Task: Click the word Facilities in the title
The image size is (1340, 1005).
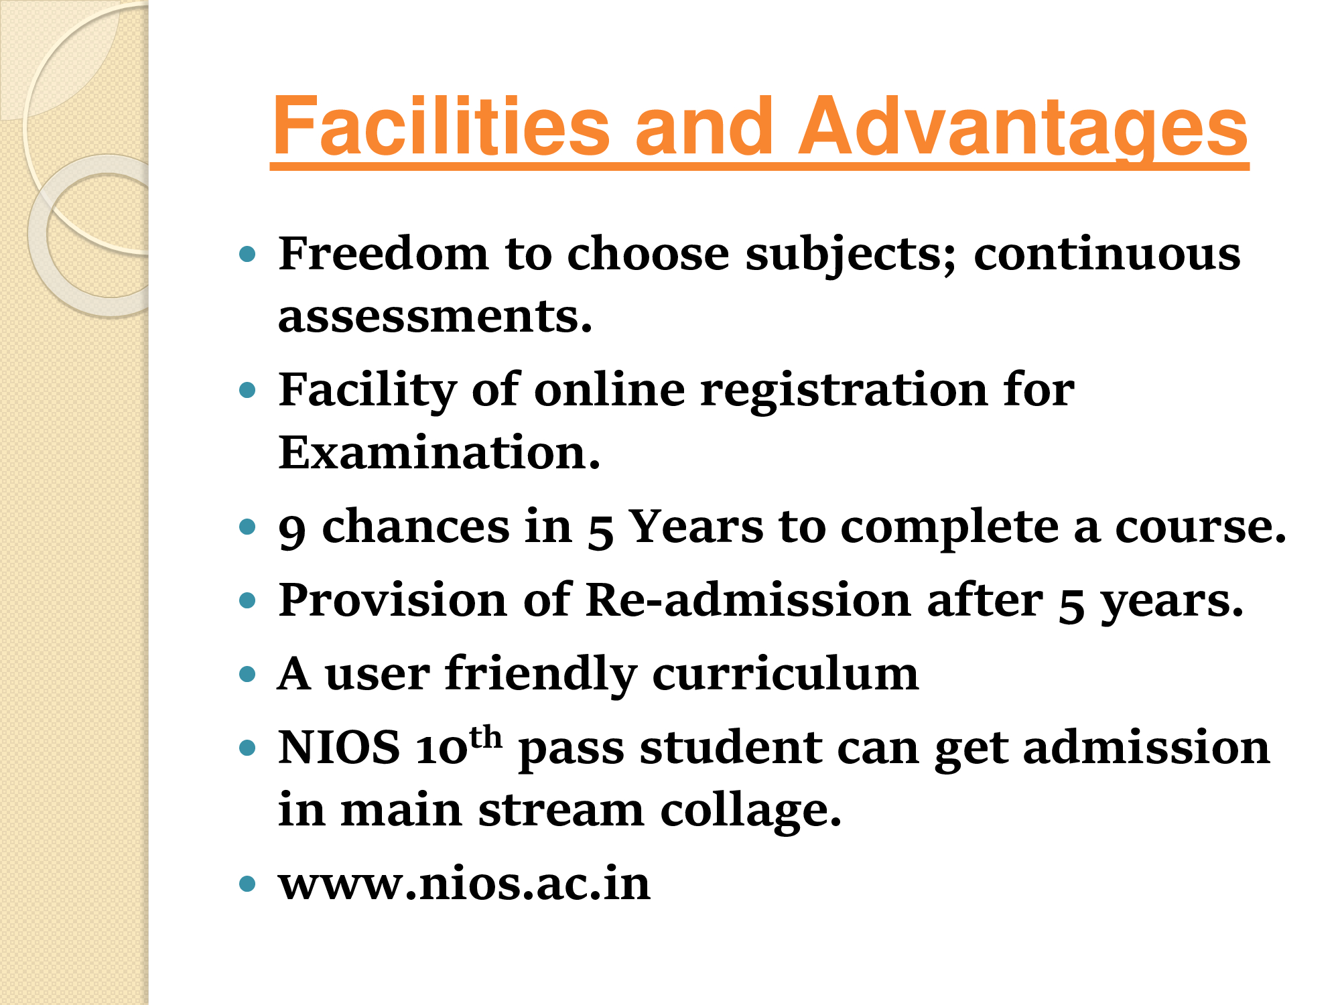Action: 442,126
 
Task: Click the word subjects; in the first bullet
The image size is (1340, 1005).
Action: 852,257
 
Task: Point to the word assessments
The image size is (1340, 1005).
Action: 435,316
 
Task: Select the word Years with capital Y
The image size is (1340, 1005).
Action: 697,527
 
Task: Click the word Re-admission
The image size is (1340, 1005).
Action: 748,600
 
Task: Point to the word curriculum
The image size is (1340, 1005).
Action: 785,673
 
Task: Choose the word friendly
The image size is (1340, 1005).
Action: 541,675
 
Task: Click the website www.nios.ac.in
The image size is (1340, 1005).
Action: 464,884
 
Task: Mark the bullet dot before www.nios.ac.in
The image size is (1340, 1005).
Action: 248,884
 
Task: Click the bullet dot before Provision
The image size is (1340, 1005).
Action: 248,600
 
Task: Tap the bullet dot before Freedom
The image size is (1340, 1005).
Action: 248,254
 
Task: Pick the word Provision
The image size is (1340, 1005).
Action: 393,600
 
